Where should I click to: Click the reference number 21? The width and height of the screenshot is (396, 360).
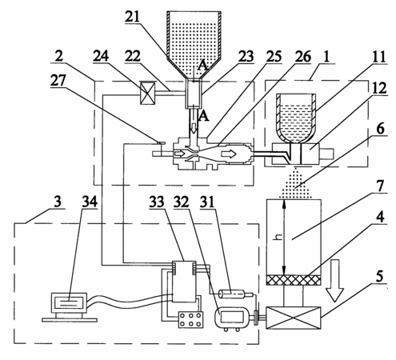[x=133, y=17]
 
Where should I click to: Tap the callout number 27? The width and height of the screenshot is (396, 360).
[x=58, y=80]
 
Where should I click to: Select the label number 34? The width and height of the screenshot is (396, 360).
[x=90, y=202]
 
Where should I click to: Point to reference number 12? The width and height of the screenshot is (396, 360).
[x=380, y=88]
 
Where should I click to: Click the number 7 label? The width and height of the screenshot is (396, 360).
[x=381, y=186]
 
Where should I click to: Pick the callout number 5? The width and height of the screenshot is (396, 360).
[x=379, y=276]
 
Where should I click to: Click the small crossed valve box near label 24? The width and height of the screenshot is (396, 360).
[x=147, y=93]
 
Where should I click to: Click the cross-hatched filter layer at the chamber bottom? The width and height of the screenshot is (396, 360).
[x=294, y=280]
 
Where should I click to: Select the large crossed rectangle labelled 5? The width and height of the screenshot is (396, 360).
[x=294, y=318]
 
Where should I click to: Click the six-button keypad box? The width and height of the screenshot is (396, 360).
[x=190, y=319]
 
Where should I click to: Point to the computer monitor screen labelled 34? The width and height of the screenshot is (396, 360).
[x=69, y=303]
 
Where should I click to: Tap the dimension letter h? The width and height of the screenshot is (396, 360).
[x=279, y=237]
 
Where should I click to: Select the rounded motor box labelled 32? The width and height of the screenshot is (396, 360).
[x=231, y=318]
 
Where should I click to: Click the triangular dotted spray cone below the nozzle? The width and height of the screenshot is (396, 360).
[x=295, y=183]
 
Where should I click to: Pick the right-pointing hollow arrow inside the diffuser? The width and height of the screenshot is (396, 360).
[x=229, y=154]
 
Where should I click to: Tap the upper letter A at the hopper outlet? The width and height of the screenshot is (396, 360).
[x=202, y=66]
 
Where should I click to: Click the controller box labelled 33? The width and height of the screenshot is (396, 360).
[x=184, y=282]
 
